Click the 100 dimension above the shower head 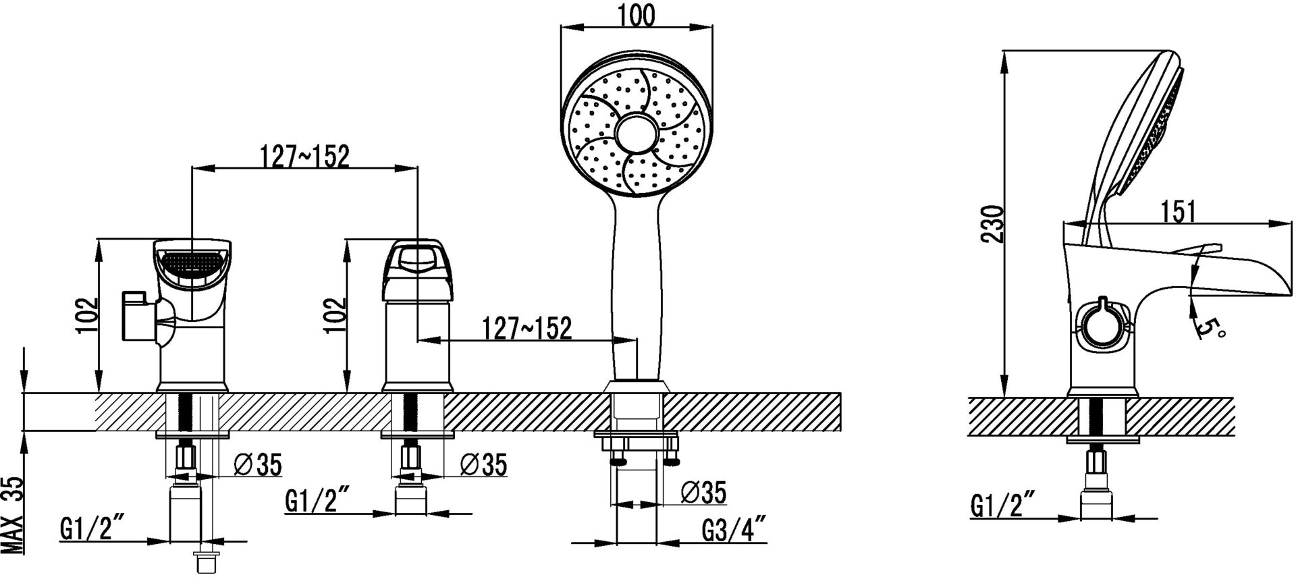[636, 16]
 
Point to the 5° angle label [1210, 329]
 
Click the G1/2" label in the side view [1003, 505]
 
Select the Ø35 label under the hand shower [703, 493]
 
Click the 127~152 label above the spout [304, 157]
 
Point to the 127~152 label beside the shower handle [526, 329]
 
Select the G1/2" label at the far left [92, 528]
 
